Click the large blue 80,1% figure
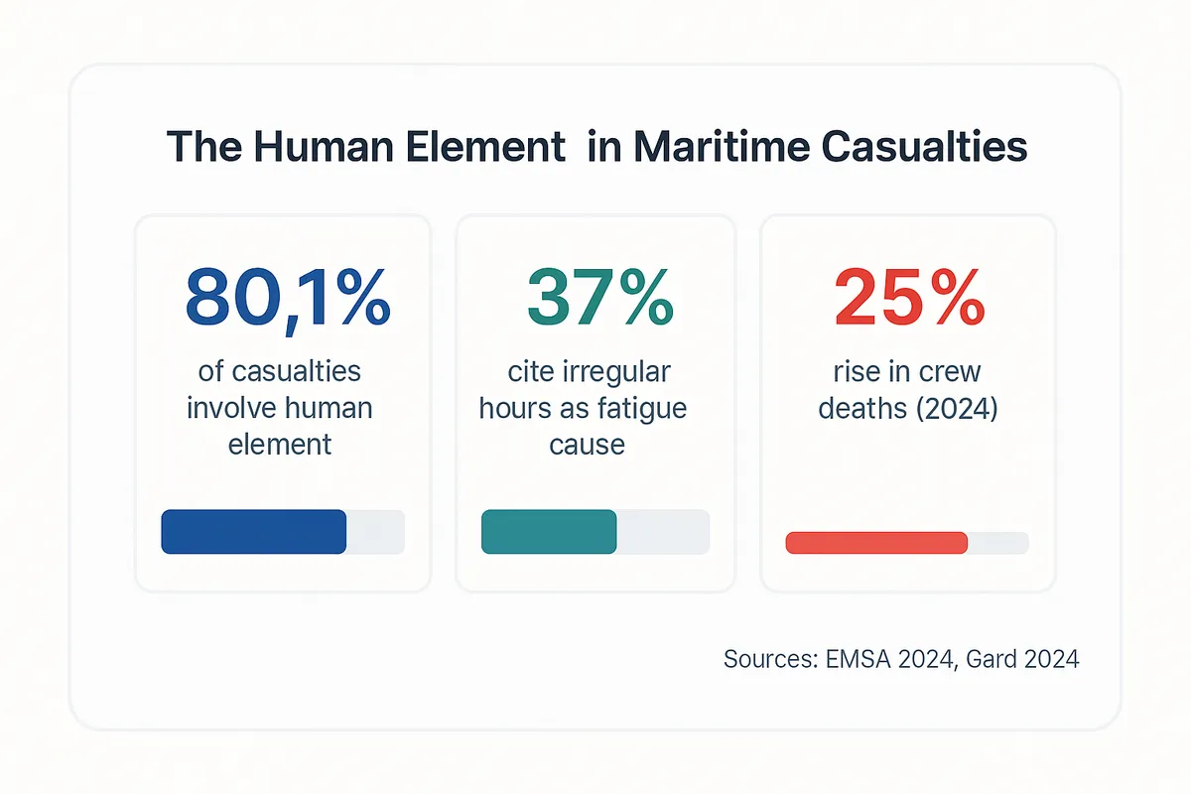(x=287, y=298)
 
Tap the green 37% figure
(x=600, y=298)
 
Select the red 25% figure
(x=909, y=298)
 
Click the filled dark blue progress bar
(x=253, y=531)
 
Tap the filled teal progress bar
(x=548, y=531)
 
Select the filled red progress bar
(x=875, y=543)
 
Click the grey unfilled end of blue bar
(x=376, y=531)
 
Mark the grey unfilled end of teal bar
(x=663, y=531)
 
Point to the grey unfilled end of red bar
(x=998, y=543)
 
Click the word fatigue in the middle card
(x=639, y=408)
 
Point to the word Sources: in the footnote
(x=770, y=659)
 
